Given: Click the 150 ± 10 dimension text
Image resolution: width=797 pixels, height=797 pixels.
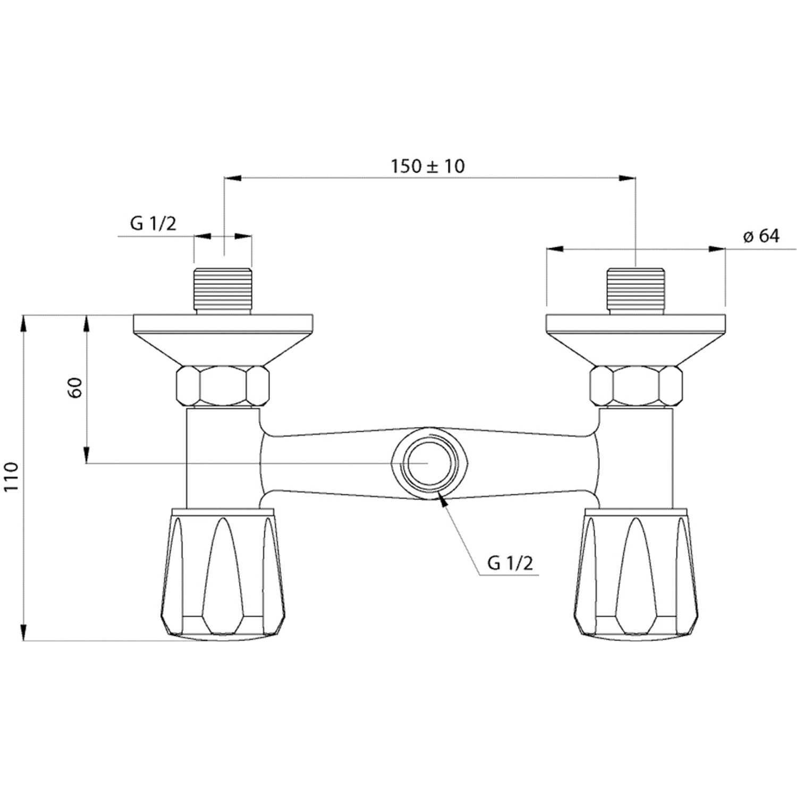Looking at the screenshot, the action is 428,166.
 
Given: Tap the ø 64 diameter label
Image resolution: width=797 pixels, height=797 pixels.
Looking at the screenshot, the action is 761,236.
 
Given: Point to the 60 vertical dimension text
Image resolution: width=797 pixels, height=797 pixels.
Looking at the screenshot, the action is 75,388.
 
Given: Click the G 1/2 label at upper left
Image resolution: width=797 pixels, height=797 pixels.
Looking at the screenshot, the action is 154,224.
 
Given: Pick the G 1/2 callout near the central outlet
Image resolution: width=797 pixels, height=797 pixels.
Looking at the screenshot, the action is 510,563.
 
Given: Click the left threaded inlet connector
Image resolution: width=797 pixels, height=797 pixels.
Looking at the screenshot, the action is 222,291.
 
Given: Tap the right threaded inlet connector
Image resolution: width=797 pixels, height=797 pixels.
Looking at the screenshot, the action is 635,291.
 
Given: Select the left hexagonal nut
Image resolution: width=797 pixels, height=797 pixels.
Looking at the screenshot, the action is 222,386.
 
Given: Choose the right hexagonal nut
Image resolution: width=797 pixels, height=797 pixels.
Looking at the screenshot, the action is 636,386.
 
